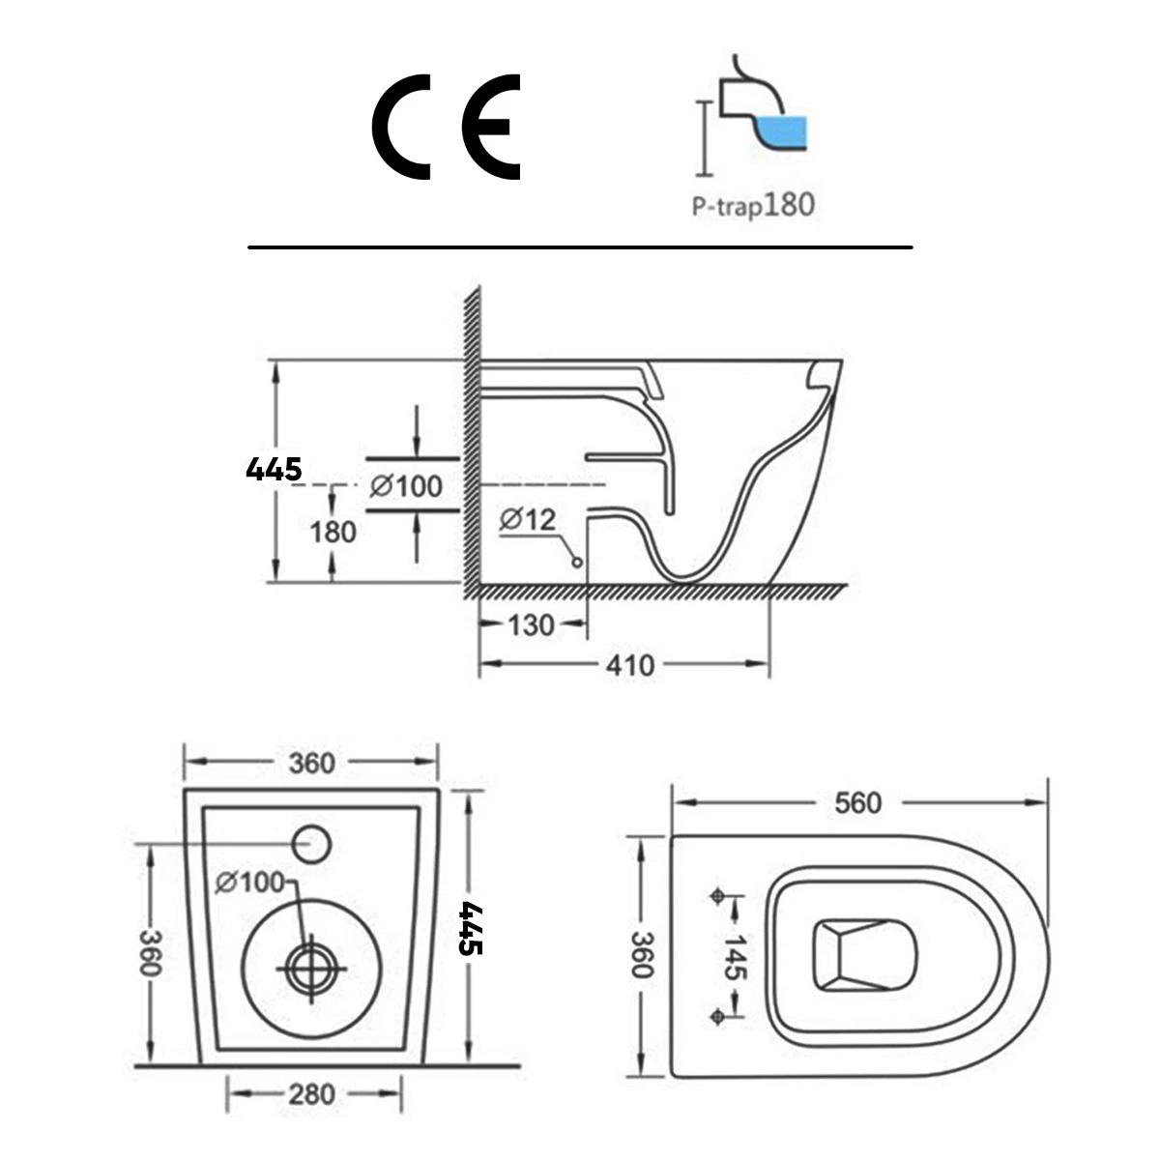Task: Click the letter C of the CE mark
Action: (x=401, y=126)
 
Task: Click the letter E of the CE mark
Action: (x=491, y=126)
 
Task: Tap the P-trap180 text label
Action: (x=752, y=205)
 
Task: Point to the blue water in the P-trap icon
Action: (x=783, y=132)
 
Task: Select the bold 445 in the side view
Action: (x=274, y=470)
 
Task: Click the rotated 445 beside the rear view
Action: (x=471, y=928)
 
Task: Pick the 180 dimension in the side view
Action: (x=333, y=532)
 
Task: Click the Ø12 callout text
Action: (x=529, y=520)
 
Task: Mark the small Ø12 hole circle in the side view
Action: (x=578, y=562)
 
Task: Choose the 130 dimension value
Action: (x=532, y=624)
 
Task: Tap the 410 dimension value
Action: (x=629, y=665)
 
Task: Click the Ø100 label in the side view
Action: (x=406, y=486)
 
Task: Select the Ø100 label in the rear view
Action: (x=250, y=882)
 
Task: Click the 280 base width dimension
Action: (x=312, y=1094)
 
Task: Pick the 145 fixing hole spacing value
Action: (x=738, y=957)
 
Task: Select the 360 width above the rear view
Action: (x=312, y=763)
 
